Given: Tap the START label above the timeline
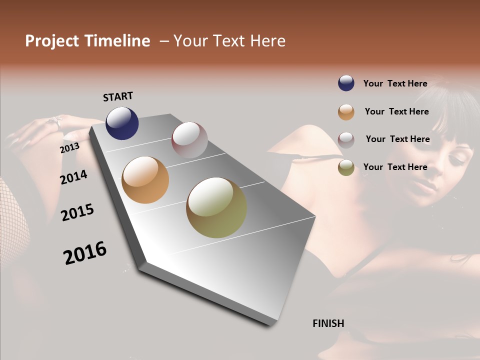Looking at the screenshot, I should (118, 96).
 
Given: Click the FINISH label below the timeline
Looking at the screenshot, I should (328, 323).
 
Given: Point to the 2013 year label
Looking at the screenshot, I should (69, 148).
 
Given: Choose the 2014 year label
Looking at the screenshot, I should (73, 177).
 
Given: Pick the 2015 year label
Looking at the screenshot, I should (77, 212).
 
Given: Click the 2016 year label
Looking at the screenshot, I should (85, 253).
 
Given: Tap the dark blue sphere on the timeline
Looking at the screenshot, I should (122, 123).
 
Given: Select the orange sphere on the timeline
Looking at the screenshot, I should (145, 180).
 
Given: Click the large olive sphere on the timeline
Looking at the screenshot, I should (216, 207).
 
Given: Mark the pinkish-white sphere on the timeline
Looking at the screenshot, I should (189, 140).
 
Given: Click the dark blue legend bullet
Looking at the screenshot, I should (346, 83).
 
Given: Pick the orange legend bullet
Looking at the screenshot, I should (346, 112).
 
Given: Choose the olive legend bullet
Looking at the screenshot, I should (346, 168).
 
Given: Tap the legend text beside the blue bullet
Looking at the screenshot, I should (395, 83).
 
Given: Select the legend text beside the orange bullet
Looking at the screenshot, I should (397, 111).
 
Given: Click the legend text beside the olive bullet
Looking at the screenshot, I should (395, 167).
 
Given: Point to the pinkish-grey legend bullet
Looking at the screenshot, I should (346, 140).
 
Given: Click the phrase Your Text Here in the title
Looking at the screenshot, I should (229, 41).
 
